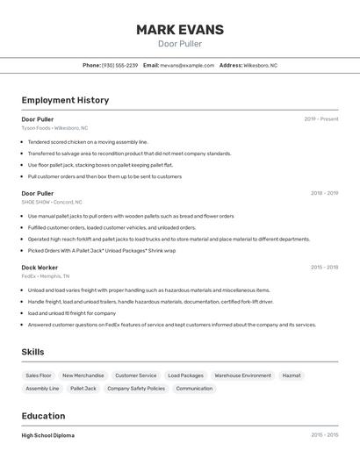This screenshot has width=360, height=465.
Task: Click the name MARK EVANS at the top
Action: pyautogui.click(x=179, y=30)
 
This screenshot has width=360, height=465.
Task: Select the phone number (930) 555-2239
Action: pyautogui.click(x=120, y=65)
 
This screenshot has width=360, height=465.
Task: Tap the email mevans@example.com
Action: pyautogui.click(x=187, y=65)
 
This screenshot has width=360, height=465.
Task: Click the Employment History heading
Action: pyautogui.click(x=65, y=100)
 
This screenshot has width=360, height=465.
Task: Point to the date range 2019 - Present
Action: pyautogui.click(x=320, y=118)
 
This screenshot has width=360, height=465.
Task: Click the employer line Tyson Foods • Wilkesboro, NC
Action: pyautogui.click(x=54, y=128)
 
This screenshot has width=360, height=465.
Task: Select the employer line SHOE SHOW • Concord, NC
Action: pyautogui.click(x=52, y=202)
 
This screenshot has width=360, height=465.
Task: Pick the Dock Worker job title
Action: pyautogui.click(x=40, y=267)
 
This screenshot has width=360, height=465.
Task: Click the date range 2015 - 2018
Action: pyautogui.click(x=324, y=267)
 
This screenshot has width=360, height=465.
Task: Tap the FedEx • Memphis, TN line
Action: pyautogui.click(x=46, y=275)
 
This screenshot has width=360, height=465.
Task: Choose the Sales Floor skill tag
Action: pyautogui.click(x=39, y=376)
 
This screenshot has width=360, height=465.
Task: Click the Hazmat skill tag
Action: pyautogui.click(x=291, y=376)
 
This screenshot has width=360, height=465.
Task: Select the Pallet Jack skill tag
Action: pyautogui.click(x=83, y=388)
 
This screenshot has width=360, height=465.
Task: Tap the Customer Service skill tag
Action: pyautogui.click(x=136, y=376)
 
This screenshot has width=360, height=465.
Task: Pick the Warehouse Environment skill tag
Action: pyautogui.click(x=243, y=376)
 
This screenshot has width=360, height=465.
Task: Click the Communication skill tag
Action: pyautogui.click(x=194, y=388)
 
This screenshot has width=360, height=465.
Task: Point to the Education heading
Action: pyautogui.click(x=43, y=416)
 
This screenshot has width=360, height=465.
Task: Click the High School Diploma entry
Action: pyautogui.click(x=48, y=435)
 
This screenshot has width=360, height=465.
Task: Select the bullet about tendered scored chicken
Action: pyautogui.click(x=88, y=141)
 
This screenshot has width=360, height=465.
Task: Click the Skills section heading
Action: pyautogui.click(x=33, y=352)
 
